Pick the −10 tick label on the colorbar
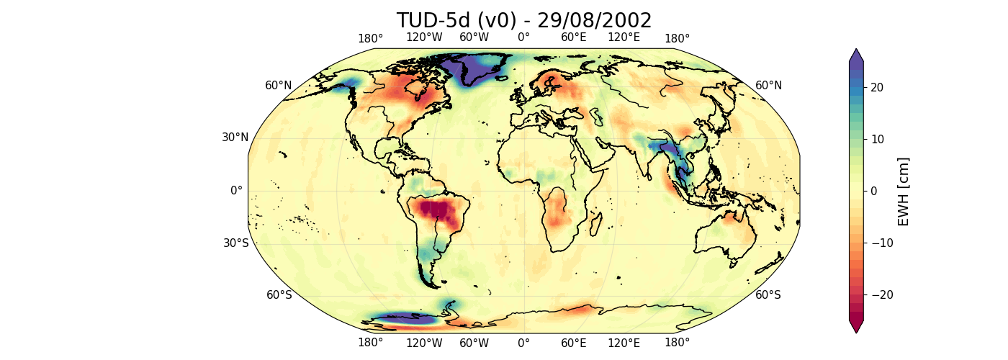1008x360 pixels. coord(870,243)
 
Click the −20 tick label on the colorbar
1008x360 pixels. coord(870,294)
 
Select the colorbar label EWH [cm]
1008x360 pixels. coord(904,191)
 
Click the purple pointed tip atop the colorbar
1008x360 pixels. coord(855,55)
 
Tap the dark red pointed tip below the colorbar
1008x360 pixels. coord(855,327)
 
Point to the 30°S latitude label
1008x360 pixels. coord(235,243)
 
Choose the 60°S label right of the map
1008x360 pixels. coord(768,294)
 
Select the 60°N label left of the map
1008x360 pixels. coord(279,86)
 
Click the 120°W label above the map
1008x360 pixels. coord(424,37)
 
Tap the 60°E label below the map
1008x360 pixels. coord(574,343)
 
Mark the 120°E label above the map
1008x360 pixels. coord(624,37)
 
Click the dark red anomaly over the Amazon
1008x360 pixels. coord(438,210)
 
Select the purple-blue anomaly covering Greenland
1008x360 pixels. coord(469,67)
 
